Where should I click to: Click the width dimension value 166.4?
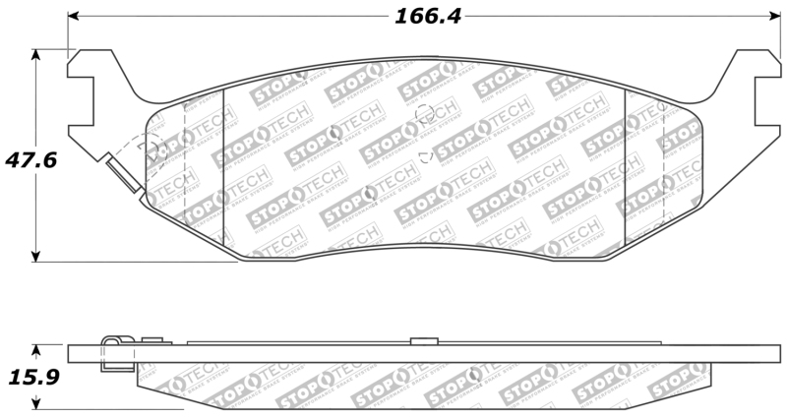(429, 17)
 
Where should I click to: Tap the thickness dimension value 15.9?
(27, 377)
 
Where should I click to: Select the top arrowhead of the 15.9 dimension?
(37, 349)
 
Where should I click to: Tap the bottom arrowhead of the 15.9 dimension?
(37, 402)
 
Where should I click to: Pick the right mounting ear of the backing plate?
(753, 98)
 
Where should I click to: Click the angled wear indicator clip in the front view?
(123, 178)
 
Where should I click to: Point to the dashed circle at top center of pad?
(426, 114)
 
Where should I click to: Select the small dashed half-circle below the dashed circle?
(425, 155)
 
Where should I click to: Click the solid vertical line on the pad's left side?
(225, 167)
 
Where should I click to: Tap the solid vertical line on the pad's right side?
(626, 167)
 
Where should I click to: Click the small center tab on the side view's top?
(422, 340)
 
